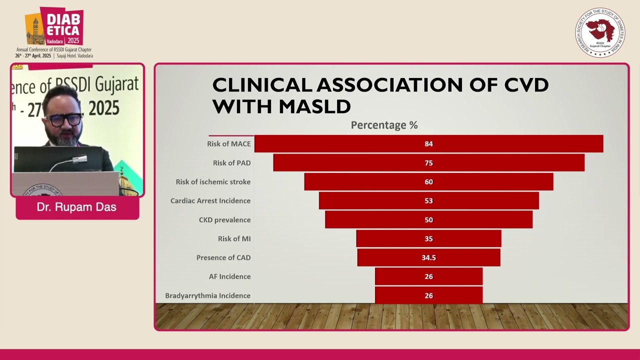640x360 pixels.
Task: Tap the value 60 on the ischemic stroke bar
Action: pyautogui.click(x=428, y=182)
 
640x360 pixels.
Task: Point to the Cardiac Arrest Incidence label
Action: pyautogui.click(x=210, y=201)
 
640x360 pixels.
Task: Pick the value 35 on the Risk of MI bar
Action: pyautogui.click(x=428, y=239)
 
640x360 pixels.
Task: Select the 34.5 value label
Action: pyautogui.click(x=428, y=258)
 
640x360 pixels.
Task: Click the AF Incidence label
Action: pyautogui.click(x=229, y=276)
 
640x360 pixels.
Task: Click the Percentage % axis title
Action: pyautogui.click(x=384, y=125)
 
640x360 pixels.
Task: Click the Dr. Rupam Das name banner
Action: pyautogui.click(x=77, y=207)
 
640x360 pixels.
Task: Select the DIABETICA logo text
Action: pyautogui.click(x=62, y=25)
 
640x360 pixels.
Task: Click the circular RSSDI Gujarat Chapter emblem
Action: pyautogui.click(x=599, y=32)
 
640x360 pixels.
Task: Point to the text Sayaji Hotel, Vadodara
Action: pyautogui.click(x=74, y=56)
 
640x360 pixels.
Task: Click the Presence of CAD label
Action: pyautogui.click(x=223, y=258)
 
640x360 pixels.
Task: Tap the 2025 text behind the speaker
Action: pyautogui.click(x=103, y=107)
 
